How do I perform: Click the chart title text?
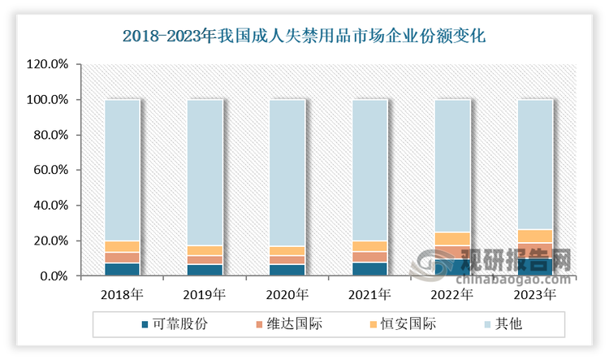pyautogui.click(x=304, y=36)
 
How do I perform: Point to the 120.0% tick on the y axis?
pyautogui.click(x=50, y=65)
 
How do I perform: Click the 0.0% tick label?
pyautogui.click(x=54, y=277)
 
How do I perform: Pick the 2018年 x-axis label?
pyautogui.click(x=122, y=294)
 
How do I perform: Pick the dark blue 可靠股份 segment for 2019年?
pyautogui.click(x=204, y=270)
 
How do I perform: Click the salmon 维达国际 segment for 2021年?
pyautogui.click(x=369, y=257)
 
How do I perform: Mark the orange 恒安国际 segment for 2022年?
pyautogui.click(x=451, y=239)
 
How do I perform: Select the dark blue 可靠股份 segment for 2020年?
pyautogui.click(x=286, y=270)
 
